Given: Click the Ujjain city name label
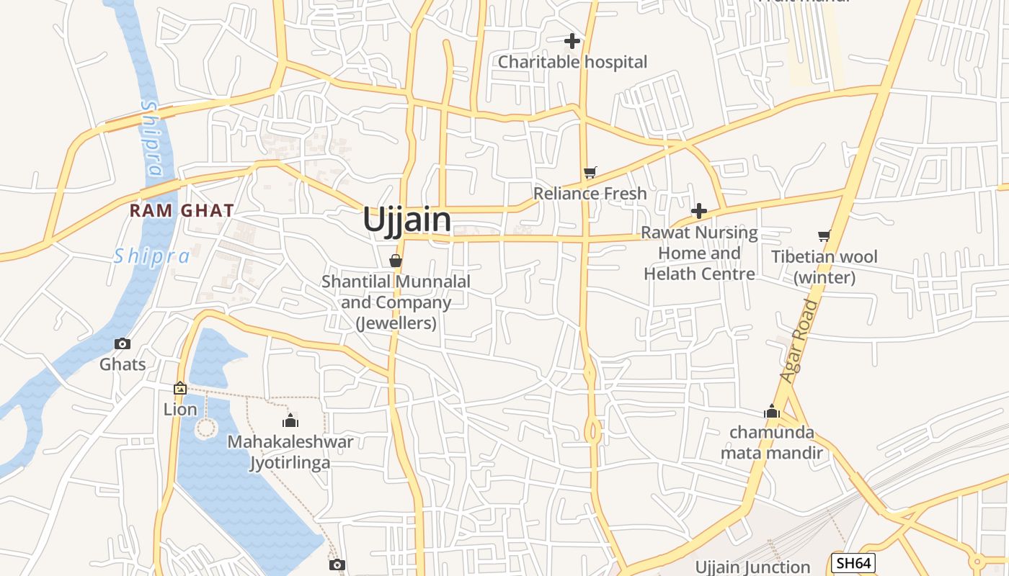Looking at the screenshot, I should point(407,220).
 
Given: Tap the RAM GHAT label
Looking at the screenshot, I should point(182,211).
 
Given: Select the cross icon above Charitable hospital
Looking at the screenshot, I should point(572,41).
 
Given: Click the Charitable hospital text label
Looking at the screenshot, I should point(573,62).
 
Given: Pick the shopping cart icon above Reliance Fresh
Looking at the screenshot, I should point(590,172).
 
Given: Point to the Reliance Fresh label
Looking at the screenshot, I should point(590,194).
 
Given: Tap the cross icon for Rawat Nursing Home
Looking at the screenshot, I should point(698,211).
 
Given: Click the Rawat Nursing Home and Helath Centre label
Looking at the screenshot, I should point(699,253).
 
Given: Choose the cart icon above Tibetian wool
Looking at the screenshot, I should point(824,235).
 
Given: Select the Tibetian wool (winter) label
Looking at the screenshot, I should point(824,267).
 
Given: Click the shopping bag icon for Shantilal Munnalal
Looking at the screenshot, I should point(396,260).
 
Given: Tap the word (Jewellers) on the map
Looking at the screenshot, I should point(396,323).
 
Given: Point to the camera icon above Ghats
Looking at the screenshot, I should point(123,343).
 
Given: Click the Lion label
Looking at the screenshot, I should point(180,410).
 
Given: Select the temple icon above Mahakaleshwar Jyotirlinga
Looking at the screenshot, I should point(290,420).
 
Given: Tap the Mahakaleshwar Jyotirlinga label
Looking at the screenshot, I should point(290,452).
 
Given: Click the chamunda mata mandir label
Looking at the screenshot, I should point(772,443).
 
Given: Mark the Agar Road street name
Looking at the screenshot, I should point(800,341).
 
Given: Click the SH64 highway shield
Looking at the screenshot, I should point(853,563).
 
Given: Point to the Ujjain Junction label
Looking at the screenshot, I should point(752,567).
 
